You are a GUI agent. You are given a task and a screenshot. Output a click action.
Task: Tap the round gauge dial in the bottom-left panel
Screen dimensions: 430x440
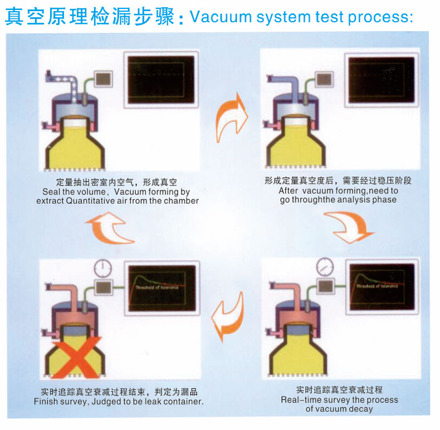[x=102, y=268]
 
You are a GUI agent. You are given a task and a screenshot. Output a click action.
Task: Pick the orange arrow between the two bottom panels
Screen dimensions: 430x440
[x=230, y=315]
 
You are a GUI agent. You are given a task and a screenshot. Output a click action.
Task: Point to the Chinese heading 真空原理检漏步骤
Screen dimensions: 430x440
[x=89, y=16]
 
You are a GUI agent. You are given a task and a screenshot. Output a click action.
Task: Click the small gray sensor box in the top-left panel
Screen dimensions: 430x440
[x=102, y=79]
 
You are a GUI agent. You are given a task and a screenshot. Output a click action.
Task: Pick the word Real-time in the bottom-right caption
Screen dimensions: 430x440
[x=301, y=399]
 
